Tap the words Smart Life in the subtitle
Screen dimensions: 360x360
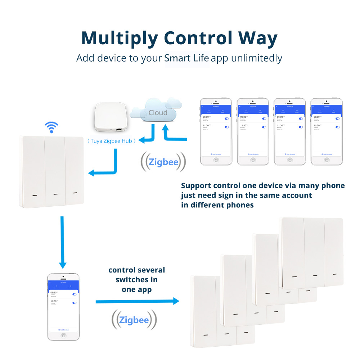click(187, 58)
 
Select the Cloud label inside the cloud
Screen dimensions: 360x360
click(158, 113)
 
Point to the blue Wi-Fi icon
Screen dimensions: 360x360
click(51, 127)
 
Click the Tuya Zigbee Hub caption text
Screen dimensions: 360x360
click(112, 141)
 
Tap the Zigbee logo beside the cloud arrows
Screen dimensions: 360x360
click(163, 162)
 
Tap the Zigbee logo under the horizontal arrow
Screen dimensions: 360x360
click(134, 320)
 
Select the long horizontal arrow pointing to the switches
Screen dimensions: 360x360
click(137, 301)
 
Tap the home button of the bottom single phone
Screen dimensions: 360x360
click(63, 335)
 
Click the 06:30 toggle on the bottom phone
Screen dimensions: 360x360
click(74, 294)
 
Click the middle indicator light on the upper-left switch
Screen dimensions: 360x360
click(55, 194)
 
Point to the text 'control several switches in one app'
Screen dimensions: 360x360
click(136, 280)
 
